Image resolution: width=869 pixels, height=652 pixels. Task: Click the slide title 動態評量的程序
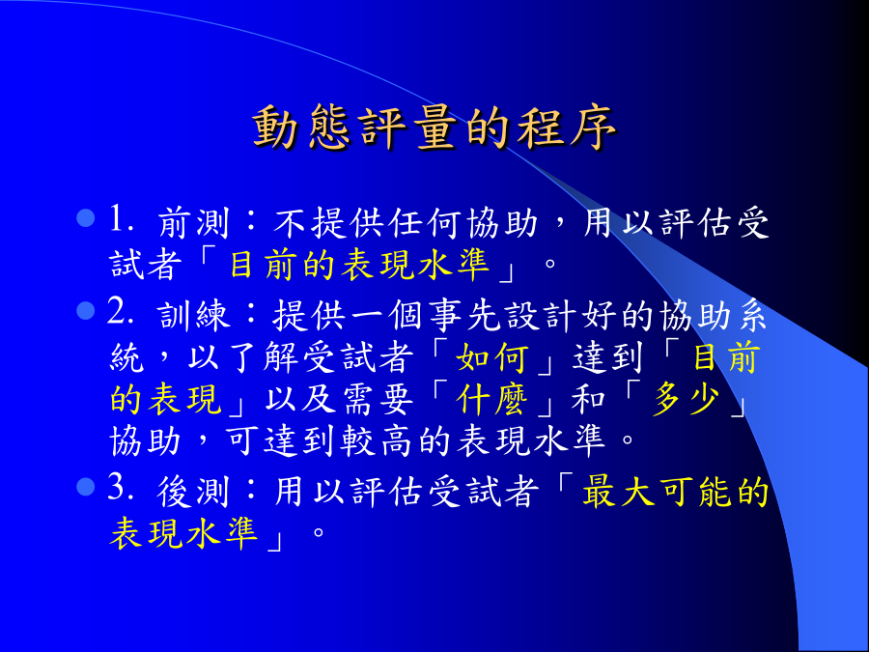click(434, 127)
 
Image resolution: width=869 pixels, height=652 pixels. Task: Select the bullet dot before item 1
click(86, 218)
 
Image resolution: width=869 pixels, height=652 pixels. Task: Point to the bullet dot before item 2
click(86, 310)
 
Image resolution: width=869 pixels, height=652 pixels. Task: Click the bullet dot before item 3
click(86, 488)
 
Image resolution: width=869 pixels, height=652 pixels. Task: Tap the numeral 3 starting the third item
click(118, 488)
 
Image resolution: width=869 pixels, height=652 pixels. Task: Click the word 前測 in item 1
click(193, 223)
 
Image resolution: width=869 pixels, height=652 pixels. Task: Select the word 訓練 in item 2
click(193, 316)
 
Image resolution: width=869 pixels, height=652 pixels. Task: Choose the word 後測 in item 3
click(193, 492)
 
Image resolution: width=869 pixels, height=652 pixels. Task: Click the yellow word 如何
click(492, 357)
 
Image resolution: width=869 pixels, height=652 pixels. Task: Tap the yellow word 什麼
click(492, 399)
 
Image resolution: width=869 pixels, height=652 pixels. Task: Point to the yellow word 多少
click(687, 399)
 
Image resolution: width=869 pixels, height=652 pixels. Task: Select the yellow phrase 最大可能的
click(675, 492)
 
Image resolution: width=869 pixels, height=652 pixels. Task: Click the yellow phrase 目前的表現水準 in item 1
click(360, 265)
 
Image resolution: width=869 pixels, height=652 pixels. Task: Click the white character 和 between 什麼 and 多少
click(589, 399)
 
